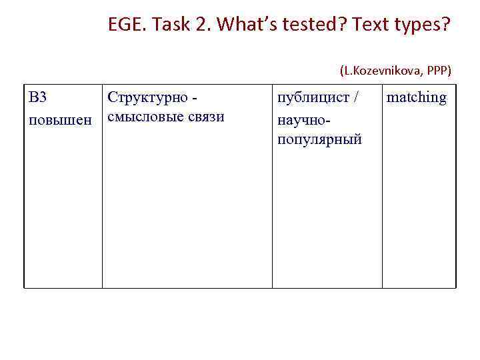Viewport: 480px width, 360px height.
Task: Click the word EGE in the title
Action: click(x=125, y=26)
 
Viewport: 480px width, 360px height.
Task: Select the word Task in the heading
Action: click(x=169, y=26)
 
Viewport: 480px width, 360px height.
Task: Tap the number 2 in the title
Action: click(x=201, y=26)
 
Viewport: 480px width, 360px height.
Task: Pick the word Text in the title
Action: click(x=370, y=26)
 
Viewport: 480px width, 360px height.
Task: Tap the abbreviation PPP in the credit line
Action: click(x=438, y=70)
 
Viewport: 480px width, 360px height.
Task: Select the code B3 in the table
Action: click(x=38, y=97)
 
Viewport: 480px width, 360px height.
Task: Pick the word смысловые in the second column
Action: click(x=144, y=118)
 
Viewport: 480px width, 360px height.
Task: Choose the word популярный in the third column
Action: click(x=319, y=140)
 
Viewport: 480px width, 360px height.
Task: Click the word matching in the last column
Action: click(x=417, y=98)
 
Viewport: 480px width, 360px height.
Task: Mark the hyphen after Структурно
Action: click(x=194, y=99)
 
